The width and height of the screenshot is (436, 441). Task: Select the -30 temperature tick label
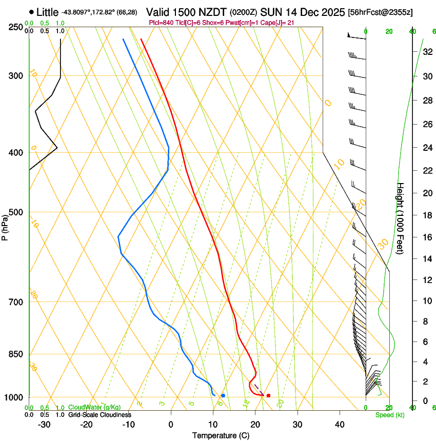coord(44,425)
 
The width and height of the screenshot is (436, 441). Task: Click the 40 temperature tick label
coord(340,425)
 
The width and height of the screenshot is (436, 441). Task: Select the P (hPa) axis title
coord(5,226)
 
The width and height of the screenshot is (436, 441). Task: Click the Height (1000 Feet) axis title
coord(401,218)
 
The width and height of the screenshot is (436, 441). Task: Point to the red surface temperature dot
coord(268,395)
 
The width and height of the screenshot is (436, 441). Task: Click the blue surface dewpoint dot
coord(223,395)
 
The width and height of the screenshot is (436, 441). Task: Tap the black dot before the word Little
coord(32,11)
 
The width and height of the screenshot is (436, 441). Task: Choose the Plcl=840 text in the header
coord(160,23)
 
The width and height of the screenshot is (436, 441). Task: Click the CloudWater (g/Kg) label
coord(94,408)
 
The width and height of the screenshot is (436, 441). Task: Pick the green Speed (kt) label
coord(389,415)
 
